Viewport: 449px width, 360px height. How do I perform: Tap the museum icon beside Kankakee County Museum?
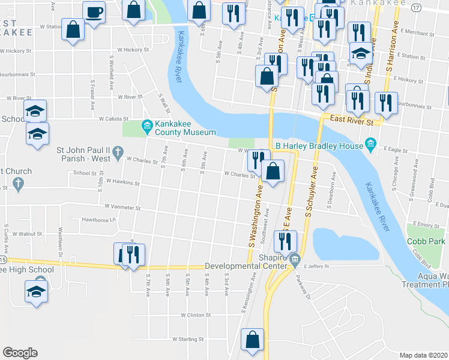click(146, 125)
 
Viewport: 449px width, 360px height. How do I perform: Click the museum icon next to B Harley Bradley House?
click(370, 145)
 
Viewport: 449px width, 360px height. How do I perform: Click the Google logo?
click(20, 353)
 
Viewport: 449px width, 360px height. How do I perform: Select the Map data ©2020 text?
click(423, 355)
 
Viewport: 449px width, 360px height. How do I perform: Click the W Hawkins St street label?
click(122, 180)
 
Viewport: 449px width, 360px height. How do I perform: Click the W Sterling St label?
click(188, 339)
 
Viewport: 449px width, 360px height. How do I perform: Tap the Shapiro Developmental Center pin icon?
click(294, 260)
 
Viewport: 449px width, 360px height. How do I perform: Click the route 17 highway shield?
click(416, 7)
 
